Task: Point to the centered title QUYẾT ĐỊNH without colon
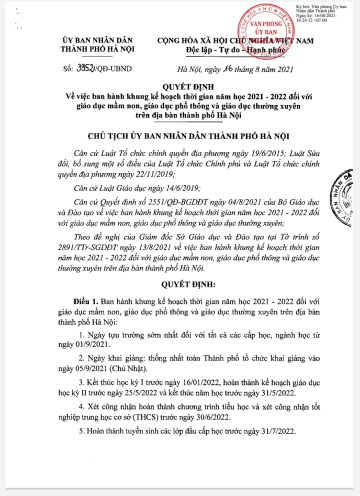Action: pos(179,87)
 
